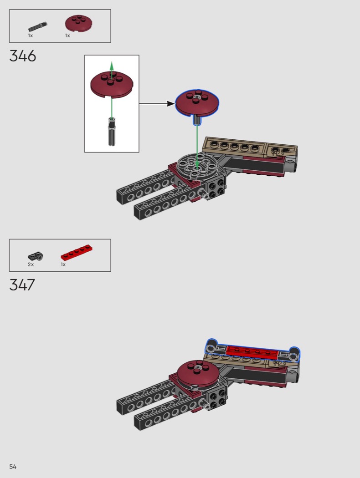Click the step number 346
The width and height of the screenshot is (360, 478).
pyautogui.click(x=23, y=56)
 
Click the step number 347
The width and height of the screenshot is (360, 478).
pyautogui.click(x=22, y=285)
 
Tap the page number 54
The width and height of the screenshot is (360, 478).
pyautogui.click(x=13, y=467)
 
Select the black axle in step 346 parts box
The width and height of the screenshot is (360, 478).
pyautogui.click(x=38, y=27)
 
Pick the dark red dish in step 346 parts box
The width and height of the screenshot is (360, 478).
pyautogui.click(x=78, y=23)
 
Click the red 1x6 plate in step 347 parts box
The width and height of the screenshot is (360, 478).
pyautogui.click(x=77, y=253)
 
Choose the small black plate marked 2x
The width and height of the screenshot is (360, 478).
pyautogui.click(x=36, y=256)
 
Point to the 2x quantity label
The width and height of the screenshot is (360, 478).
pyautogui.click(x=31, y=264)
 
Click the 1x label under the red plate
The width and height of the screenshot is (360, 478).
pyautogui.click(x=63, y=264)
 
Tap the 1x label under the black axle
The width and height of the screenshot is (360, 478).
pyautogui.click(x=30, y=36)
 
